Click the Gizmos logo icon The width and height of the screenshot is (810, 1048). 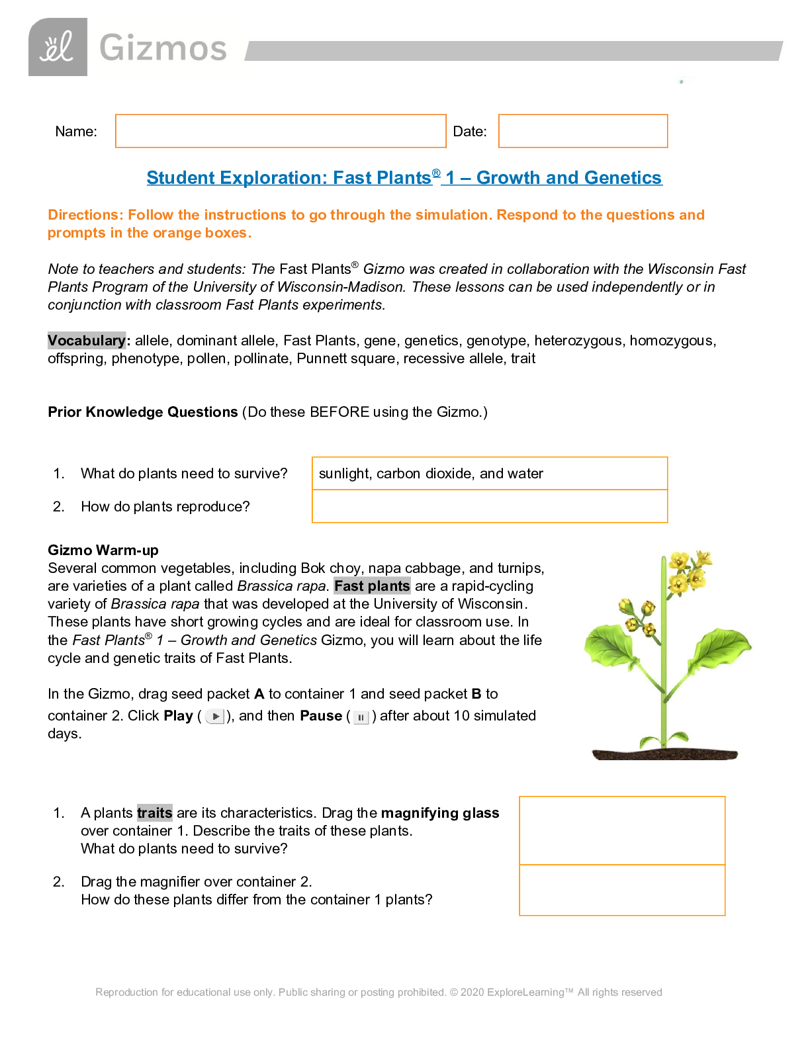click(58, 47)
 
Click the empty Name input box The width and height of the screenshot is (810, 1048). click(281, 131)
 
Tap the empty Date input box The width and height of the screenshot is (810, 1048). click(582, 131)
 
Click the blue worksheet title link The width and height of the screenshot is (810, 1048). click(404, 178)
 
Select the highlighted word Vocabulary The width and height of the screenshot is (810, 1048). click(87, 341)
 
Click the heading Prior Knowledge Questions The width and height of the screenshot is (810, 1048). click(142, 412)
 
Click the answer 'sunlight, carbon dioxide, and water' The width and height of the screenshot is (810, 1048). click(431, 474)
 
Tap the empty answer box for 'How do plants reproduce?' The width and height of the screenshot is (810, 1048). click(489, 507)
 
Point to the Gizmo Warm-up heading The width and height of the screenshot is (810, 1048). click(103, 550)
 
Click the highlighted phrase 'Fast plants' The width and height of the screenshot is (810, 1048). click(372, 586)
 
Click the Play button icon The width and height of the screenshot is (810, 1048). click(215, 717)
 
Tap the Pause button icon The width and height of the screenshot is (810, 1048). click(361, 717)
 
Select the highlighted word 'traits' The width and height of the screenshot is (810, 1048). click(155, 813)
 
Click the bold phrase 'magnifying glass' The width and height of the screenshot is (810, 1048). click(440, 813)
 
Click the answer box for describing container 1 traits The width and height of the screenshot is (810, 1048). click(622, 830)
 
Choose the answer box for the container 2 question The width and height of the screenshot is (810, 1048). click(622, 891)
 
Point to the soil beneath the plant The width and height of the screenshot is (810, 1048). click(664, 754)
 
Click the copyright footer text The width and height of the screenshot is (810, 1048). click(379, 992)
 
